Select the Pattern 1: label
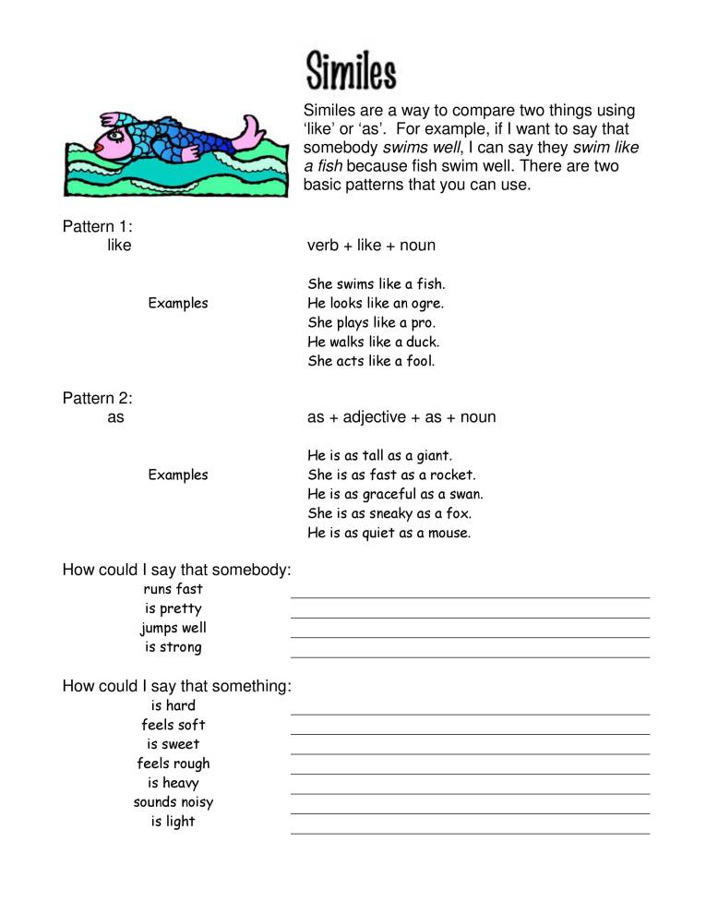click(x=98, y=227)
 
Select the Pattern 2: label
click(x=98, y=398)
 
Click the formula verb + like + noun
click(x=371, y=246)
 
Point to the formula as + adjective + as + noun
click(x=401, y=417)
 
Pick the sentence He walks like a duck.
click(x=374, y=343)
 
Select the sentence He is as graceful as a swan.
click(x=395, y=495)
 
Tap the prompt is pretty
click(x=173, y=609)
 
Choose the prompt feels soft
click(x=174, y=726)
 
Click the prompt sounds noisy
click(x=174, y=802)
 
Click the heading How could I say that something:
click(x=177, y=686)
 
